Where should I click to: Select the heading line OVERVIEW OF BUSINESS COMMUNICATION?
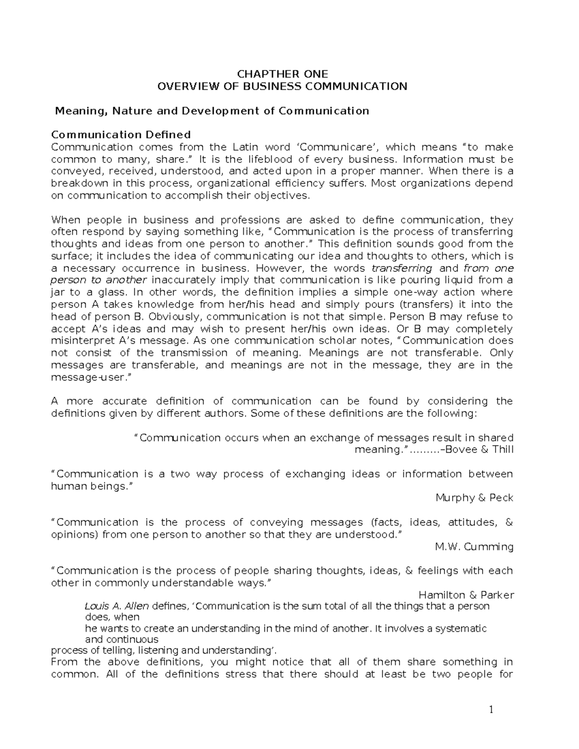282,86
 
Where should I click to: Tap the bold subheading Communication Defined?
121,135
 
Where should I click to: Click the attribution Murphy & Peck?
474,498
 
